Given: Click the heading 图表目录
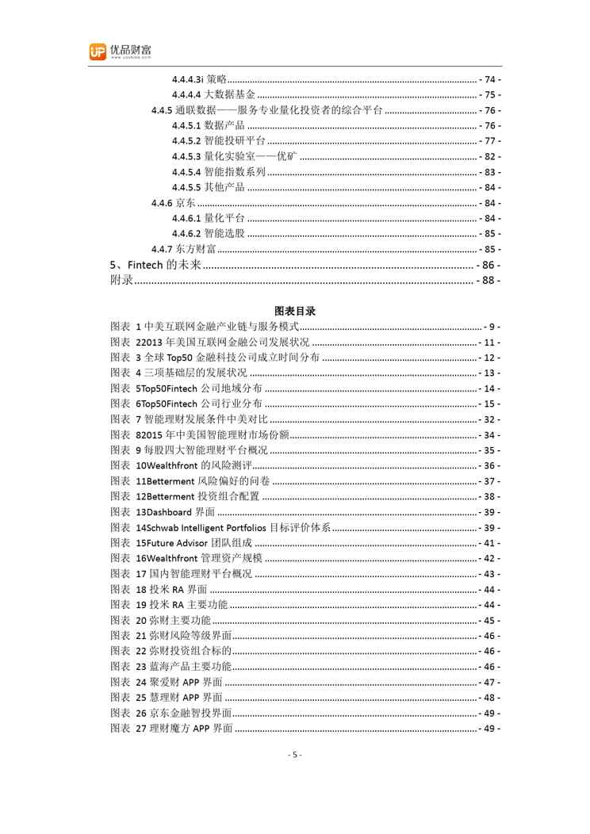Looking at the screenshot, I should [x=294, y=311].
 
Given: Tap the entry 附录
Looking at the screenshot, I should [x=121, y=280].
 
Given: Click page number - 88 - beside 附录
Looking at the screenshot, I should [x=488, y=280].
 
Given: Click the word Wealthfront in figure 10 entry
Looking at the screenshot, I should [x=174, y=466].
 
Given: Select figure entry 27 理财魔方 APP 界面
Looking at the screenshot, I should [x=183, y=729].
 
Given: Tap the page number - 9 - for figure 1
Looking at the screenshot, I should [x=492, y=327].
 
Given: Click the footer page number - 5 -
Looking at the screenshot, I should [x=294, y=755].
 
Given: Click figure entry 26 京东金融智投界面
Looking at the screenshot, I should [x=182, y=713].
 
